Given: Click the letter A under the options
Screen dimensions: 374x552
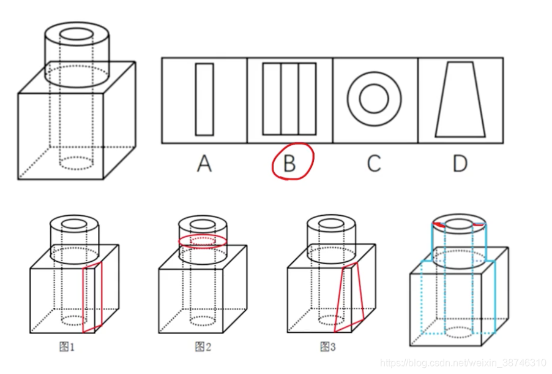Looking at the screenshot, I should [204, 164].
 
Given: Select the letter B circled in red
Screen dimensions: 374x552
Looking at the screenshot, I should [289, 163].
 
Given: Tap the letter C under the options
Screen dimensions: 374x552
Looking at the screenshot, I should [374, 164].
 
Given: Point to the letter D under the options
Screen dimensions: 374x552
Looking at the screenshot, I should [460, 164].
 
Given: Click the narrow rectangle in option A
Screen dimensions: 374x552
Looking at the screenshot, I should [204, 99].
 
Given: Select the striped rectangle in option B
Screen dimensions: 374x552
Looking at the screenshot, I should [289, 99].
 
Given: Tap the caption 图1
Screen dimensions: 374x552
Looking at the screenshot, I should [67, 348].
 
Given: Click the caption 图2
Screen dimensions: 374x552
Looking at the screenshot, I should [203, 348].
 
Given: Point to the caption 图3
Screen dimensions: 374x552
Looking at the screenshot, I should [328, 348].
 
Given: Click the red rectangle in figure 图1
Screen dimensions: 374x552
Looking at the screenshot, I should [92, 297].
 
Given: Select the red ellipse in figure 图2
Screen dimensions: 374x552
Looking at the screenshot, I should [203, 240].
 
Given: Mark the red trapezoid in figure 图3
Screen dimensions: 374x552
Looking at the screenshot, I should [352, 297].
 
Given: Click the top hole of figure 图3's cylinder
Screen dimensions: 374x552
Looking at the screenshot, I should [331, 221].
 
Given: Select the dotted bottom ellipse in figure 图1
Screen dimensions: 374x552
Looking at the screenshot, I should [74, 321].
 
